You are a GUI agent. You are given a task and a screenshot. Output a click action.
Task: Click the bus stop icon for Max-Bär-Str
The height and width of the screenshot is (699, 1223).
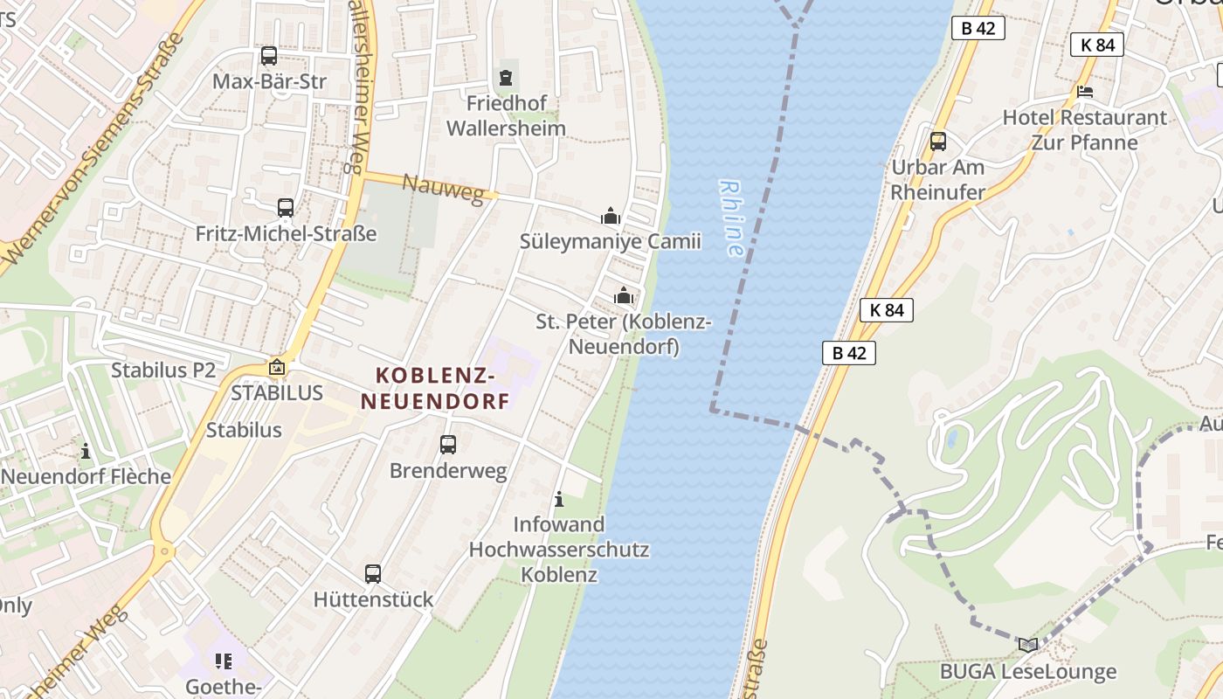pos(269,56)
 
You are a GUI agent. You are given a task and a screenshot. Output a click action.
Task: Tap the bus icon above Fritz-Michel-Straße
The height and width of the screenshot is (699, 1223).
pos(286,208)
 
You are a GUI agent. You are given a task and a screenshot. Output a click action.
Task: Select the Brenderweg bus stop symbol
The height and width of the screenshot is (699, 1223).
pos(448,445)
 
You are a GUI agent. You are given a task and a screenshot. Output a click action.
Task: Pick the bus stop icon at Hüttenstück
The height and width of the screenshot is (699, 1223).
pos(373,574)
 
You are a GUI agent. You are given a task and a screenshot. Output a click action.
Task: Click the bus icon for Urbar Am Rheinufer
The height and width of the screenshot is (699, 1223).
pos(938,141)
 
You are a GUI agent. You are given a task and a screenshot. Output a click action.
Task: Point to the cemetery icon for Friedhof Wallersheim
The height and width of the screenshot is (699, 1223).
pos(506,78)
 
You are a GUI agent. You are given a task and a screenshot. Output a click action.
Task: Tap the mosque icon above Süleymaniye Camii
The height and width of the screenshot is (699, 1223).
pos(611,216)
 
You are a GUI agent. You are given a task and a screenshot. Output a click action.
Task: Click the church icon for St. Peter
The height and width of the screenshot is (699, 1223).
pos(624,296)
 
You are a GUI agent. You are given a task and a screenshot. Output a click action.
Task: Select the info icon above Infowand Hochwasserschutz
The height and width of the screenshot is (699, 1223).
pos(559,499)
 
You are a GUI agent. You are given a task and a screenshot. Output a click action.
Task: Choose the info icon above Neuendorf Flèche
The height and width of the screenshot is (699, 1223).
pos(86,451)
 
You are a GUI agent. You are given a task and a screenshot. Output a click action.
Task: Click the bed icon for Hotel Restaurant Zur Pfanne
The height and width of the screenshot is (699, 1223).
pos(1085,91)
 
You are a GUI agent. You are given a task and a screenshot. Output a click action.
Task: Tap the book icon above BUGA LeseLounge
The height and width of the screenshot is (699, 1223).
pos(1028,645)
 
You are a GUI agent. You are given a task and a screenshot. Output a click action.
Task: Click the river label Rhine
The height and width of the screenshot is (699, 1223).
pos(731,218)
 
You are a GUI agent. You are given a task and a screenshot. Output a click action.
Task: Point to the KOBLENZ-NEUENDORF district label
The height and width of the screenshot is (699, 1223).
pos(435,389)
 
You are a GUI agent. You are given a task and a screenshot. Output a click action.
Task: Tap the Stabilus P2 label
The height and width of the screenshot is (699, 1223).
pos(162,370)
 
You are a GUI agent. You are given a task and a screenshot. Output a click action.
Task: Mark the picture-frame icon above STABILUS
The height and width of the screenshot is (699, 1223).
pos(277,368)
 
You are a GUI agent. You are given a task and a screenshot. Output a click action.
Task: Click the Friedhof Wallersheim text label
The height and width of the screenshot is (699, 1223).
pos(506,115)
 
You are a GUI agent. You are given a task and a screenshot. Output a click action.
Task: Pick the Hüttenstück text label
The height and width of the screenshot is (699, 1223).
pos(373,599)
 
